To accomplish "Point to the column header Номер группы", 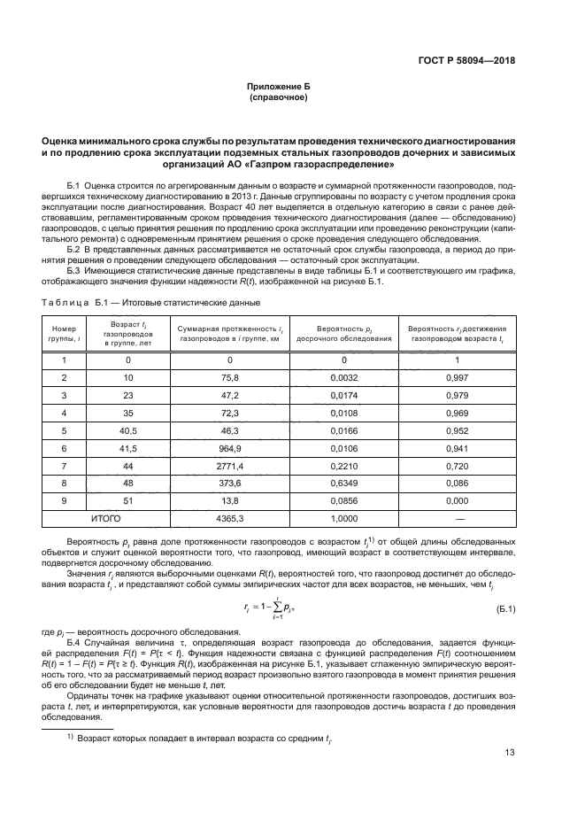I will [64, 333].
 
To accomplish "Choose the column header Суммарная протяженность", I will [230, 333].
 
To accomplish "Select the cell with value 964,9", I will [230, 447].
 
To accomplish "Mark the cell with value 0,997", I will [457, 377].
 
